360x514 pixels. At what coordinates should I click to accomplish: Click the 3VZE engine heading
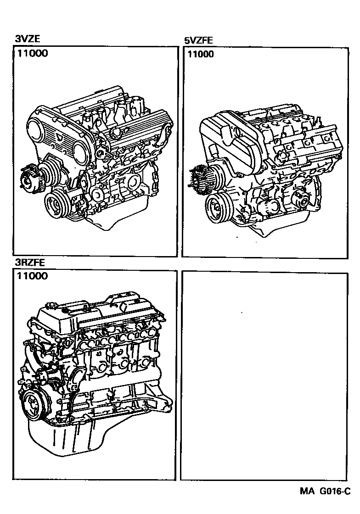tap(27, 39)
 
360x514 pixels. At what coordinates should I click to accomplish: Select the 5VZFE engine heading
tap(198, 40)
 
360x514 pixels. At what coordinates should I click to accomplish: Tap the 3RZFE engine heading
tap(29, 263)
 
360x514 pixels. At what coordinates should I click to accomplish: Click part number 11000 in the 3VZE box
tap(33, 53)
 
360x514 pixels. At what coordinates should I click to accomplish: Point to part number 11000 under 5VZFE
tap(200, 54)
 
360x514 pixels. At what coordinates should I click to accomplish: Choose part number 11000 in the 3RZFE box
tap(33, 276)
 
